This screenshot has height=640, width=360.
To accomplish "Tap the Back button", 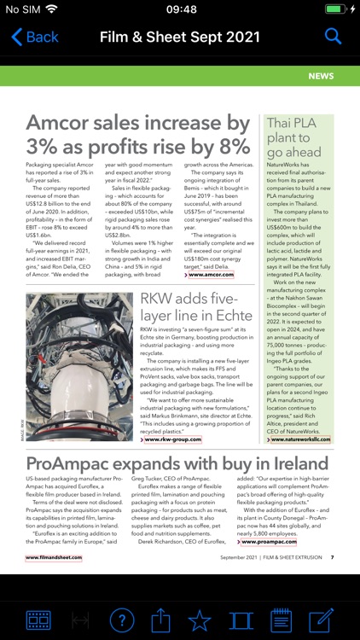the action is coord(35,37).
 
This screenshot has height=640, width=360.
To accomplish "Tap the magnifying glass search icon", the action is coord(333,37).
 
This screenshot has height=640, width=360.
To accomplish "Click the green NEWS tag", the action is coord(321,76).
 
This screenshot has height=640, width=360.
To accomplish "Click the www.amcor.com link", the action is coord(210,274).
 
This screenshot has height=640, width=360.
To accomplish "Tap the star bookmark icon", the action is coord(199,620).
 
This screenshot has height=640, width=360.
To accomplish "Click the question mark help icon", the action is coord(122,620).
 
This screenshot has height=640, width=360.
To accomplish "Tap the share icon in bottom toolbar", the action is coord(160,620).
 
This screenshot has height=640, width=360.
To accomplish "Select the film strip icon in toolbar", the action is coord(38,620).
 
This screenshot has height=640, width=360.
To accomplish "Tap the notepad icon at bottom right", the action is coord(281,620).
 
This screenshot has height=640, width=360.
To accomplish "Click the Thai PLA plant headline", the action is coord(294,137).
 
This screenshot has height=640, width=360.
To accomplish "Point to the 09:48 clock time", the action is coord(180,9).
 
